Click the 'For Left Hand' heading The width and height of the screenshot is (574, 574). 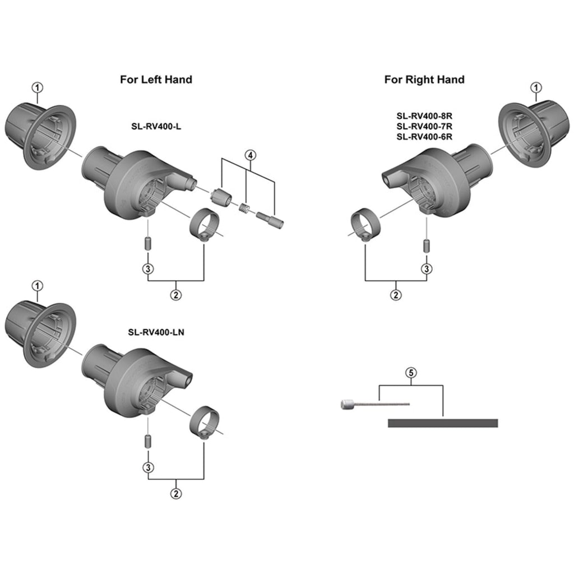point(156,80)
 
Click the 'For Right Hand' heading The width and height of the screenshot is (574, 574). point(424,80)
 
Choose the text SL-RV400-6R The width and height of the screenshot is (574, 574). point(424,137)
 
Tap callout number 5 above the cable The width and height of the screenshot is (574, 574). point(411,372)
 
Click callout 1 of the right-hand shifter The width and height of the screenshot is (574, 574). point(536,87)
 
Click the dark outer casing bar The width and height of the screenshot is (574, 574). point(443,423)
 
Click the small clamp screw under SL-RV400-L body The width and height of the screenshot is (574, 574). point(148,244)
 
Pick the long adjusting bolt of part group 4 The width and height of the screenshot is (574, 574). point(270,218)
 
